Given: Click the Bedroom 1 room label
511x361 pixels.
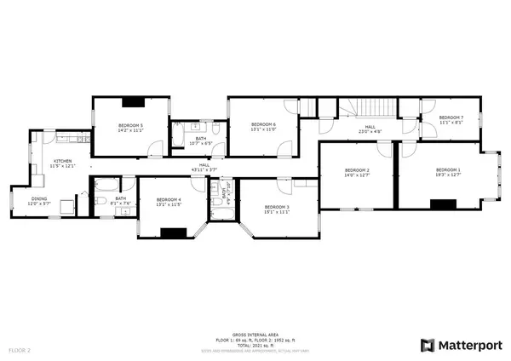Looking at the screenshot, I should click(x=448, y=171).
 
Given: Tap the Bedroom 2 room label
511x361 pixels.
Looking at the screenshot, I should click(x=357, y=171).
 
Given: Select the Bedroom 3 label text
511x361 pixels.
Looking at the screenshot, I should click(x=277, y=207).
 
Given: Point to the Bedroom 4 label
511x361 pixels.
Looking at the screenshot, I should click(x=169, y=199).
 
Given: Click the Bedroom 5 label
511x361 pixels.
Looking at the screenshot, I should click(x=130, y=126).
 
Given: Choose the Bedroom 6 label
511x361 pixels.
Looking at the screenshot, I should click(x=263, y=126).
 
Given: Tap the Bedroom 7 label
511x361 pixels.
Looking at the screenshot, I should click(x=451, y=117).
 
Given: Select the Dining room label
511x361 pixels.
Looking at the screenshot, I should click(x=39, y=199).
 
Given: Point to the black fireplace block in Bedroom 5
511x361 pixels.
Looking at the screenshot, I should click(x=132, y=102).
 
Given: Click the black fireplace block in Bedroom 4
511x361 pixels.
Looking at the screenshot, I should click(x=175, y=232).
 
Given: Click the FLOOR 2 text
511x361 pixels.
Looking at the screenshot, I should click(x=20, y=349).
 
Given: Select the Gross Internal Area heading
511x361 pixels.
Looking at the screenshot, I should click(x=255, y=335).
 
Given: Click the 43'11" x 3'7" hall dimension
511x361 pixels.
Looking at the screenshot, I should click(x=204, y=171).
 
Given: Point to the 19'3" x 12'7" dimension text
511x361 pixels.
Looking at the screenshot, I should click(x=448, y=176).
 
